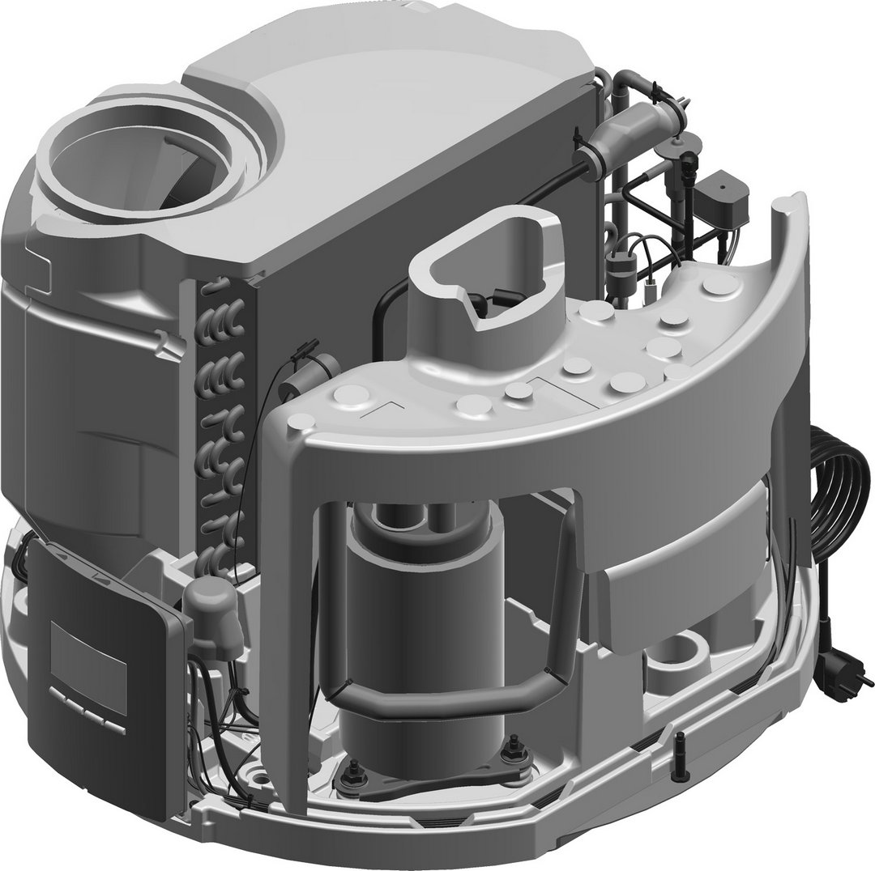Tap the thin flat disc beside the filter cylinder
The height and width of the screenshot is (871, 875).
click(x=676, y=142)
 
